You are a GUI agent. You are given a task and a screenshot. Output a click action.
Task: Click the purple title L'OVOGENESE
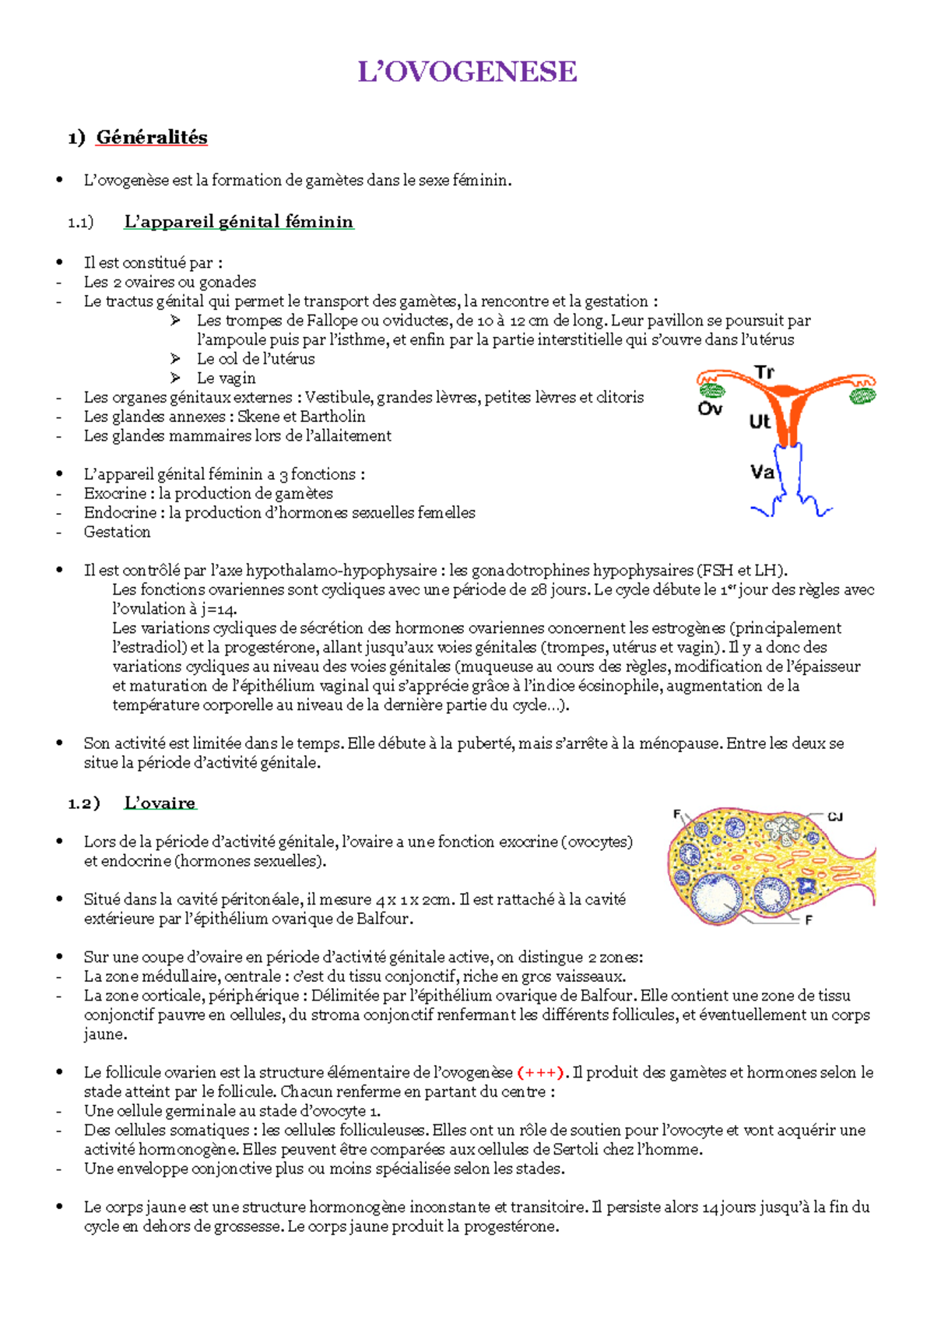(467, 72)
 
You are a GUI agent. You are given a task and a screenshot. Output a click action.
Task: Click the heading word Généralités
(152, 138)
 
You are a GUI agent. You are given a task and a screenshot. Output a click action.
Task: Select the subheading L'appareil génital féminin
(238, 222)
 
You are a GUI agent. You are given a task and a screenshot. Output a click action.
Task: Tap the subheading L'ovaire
(160, 803)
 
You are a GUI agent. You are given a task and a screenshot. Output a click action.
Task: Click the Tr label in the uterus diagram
(764, 372)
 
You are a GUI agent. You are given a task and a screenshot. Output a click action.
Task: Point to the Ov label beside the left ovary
(709, 409)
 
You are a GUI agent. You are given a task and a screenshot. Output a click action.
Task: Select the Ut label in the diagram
(760, 422)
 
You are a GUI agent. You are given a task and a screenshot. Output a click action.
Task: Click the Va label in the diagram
(762, 472)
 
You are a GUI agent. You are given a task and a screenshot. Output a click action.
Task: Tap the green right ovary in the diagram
(862, 396)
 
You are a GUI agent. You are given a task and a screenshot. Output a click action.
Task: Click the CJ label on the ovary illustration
(835, 817)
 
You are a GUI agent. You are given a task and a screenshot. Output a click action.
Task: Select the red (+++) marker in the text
(539, 1073)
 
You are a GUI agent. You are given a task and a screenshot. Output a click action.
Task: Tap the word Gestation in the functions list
(118, 533)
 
